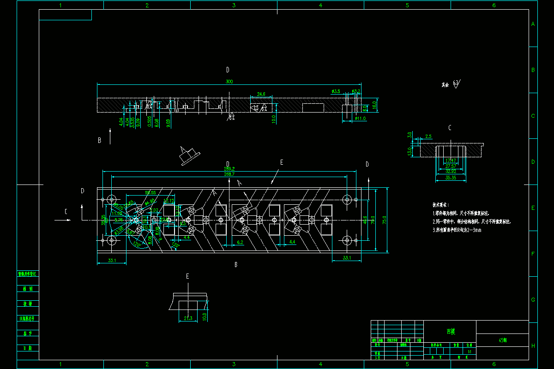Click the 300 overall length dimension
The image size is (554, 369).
[229, 82]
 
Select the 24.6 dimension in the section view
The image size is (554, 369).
[261, 94]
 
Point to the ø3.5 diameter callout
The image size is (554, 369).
[336, 91]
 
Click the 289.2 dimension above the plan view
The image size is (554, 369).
[229, 169]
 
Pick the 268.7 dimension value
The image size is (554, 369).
[229, 174]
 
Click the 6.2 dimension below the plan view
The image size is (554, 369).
[240, 242]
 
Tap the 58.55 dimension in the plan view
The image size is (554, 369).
[150, 192]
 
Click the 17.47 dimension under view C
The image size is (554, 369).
[451, 161]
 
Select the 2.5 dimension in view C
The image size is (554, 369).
[428, 137]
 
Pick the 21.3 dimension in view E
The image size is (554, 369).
[188, 318]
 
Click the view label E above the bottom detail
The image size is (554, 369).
[187, 276]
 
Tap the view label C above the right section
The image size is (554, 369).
[450, 128]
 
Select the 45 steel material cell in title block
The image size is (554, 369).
[502, 340]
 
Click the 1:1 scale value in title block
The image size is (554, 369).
[470, 351]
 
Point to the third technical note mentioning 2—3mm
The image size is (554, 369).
[457, 230]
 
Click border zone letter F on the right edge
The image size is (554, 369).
[533, 254]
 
